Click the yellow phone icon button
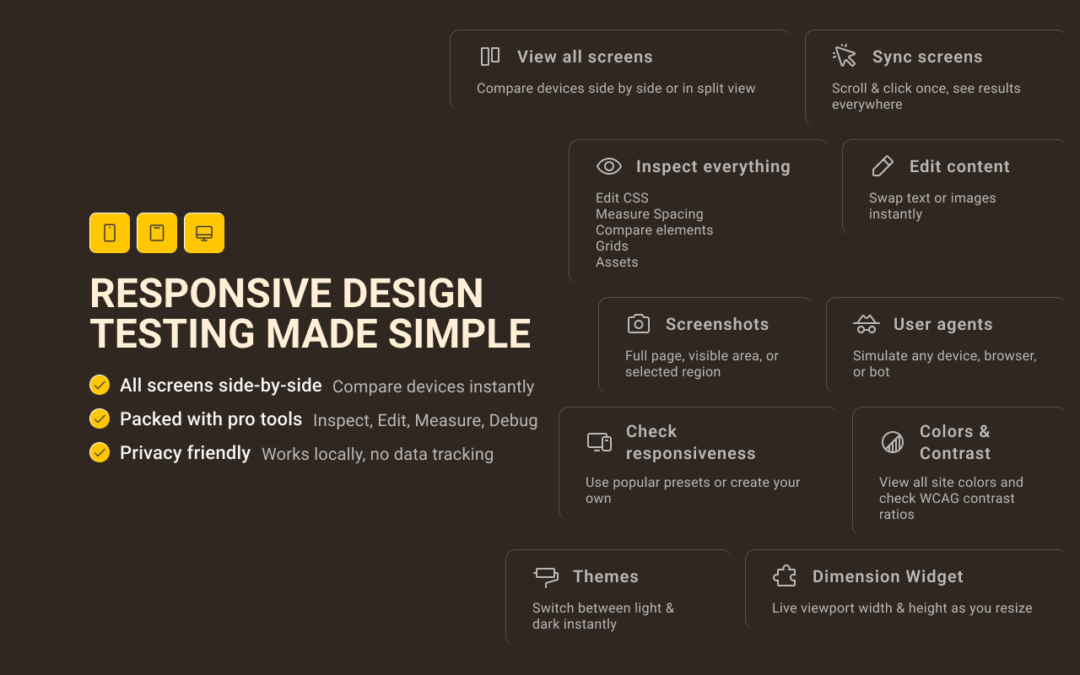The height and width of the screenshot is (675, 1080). (110, 233)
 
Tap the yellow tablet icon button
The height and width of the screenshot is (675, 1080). (157, 233)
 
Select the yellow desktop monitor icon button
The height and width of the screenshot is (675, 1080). (204, 233)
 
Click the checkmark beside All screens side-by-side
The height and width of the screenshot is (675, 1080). (100, 386)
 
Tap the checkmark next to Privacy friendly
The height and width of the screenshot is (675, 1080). (100, 453)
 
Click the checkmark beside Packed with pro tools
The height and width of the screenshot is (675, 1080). (100, 419)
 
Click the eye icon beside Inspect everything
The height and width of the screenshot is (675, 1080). (608, 166)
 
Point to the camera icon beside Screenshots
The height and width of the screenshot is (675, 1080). (639, 324)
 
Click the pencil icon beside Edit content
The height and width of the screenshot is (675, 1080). (882, 166)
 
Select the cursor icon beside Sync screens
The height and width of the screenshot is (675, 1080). (845, 57)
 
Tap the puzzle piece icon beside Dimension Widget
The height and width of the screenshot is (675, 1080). (785, 576)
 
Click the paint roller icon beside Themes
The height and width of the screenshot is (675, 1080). (546, 577)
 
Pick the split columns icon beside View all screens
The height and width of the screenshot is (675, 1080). (490, 57)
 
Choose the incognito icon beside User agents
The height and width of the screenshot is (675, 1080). (866, 324)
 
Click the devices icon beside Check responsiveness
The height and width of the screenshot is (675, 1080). (599, 442)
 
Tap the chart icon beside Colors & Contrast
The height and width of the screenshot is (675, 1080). (892, 442)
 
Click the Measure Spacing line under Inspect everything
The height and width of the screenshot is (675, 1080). (649, 214)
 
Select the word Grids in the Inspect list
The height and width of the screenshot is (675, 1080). (612, 246)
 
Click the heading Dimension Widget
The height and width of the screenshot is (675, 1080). (888, 576)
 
